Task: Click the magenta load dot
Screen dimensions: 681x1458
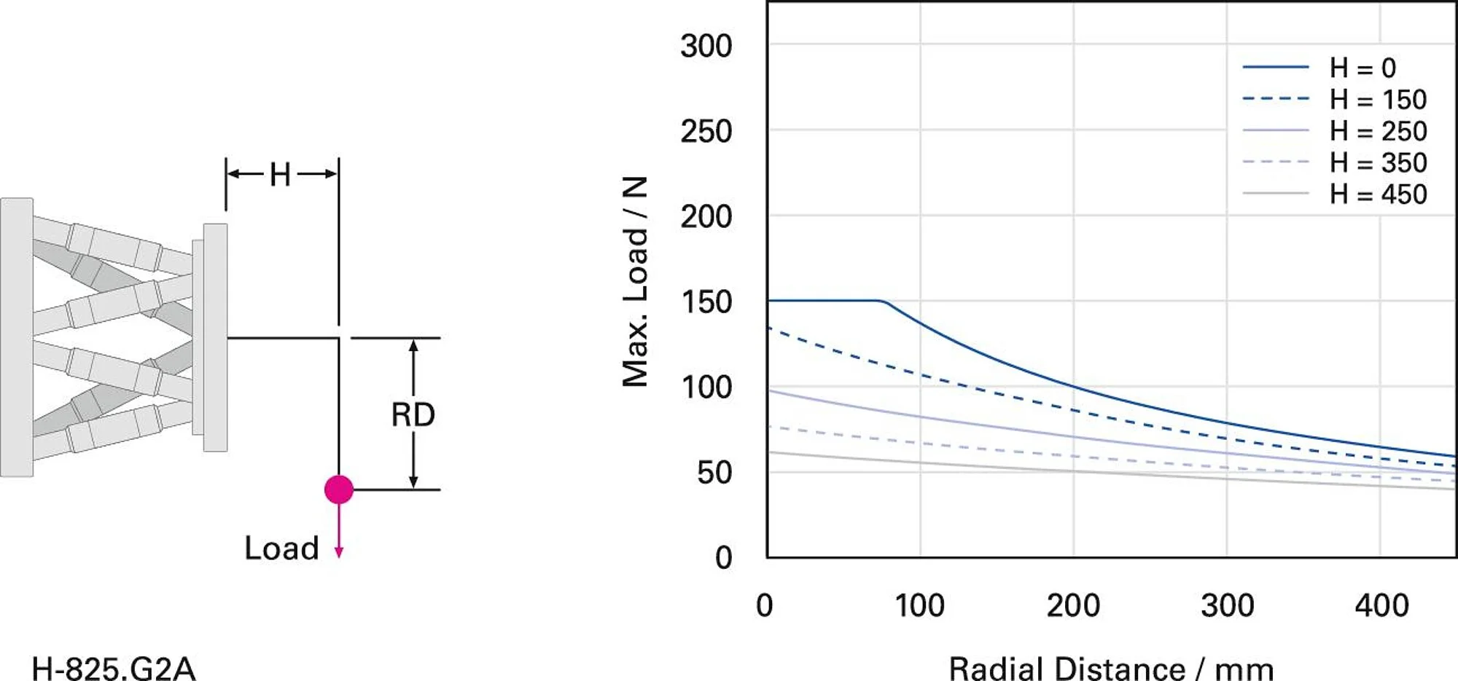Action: [x=339, y=489]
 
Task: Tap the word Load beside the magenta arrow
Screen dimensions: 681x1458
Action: [x=281, y=548]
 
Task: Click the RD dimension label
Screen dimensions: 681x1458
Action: [x=413, y=415]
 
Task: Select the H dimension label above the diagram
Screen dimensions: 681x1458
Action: [x=280, y=175]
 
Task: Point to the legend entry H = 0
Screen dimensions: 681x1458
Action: [x=1362, y=68]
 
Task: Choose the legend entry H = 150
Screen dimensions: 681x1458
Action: [x=1377, y=99]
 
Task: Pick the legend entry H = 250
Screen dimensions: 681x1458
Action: [x=1377, y=131]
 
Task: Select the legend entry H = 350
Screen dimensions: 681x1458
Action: [x=1377, y=162]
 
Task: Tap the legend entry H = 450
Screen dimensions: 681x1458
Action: [x=1377, y=194]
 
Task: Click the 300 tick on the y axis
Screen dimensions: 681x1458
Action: [x=706, y=46]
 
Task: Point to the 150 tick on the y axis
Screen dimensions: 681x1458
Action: [x=706, y=302]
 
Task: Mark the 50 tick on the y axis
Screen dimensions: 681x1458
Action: [x=714, y=473]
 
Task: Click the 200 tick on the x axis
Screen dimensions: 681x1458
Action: [x=1073, y=606]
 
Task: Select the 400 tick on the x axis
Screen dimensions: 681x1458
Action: [x=1381, y=606]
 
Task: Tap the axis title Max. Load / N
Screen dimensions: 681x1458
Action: [x=635, y=281]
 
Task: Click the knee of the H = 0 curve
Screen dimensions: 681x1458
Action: [x=884, y=302]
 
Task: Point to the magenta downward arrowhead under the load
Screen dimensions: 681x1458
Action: [x=339, y=553]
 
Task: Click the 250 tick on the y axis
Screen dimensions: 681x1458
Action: [x=706, y=132]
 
